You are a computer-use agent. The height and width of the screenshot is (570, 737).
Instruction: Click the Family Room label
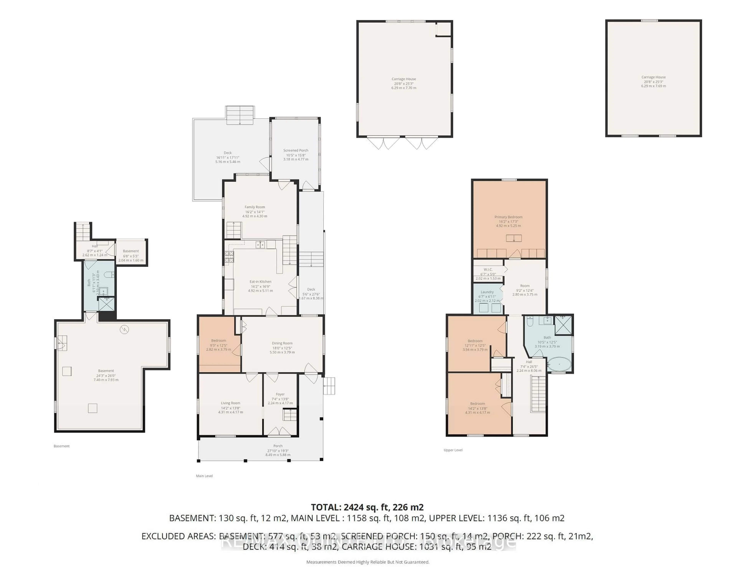254,207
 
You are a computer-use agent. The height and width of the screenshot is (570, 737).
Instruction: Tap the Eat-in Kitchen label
260,282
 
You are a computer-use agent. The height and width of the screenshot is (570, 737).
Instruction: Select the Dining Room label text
282,343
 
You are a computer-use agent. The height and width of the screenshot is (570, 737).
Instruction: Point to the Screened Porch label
296,150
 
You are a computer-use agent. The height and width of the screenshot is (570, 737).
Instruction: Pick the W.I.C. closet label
488,269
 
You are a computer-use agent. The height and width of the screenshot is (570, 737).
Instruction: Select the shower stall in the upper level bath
563,325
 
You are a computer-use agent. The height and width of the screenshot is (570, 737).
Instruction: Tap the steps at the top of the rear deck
240,115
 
